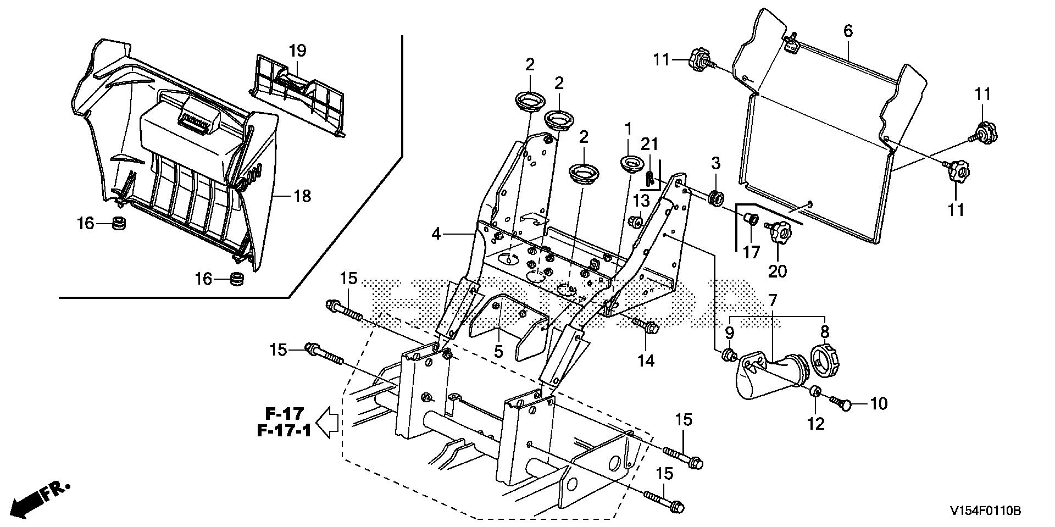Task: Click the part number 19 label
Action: click(x=297, y=51)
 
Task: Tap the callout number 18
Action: click(x=303, y=196)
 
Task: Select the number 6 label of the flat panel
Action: click(x=848, y=31)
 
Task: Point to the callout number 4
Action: click(x=436, y=235)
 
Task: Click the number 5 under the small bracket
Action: click(x=498, y=351)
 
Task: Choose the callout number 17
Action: click(x=751, y=252)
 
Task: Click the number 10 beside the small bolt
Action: click(x=879, y=404)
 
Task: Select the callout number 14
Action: click(x=646, y=360)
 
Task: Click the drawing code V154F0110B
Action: click(x=986, y=511)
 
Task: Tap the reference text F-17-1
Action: click(x=284, y=430)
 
